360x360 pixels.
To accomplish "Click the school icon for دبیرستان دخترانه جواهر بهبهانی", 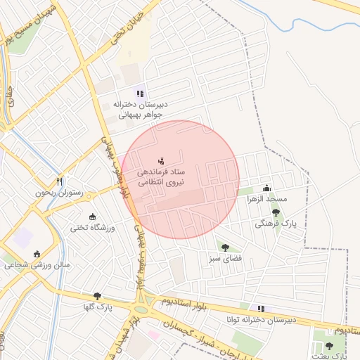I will (x=140, y=92).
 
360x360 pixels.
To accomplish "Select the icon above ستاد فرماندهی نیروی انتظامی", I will (x=161, y=161).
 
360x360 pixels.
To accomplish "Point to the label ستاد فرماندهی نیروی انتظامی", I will (x=160, y=176).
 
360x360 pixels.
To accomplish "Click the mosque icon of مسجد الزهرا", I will (x=266, y=188).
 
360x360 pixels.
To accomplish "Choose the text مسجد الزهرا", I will (x=266, y=199).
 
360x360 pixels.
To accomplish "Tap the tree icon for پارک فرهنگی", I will (x=276, y=212).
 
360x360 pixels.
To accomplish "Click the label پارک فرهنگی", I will (x=276, y=223).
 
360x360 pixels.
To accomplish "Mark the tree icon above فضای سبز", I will (x=225, y=247).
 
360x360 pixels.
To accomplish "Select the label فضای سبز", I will (x=225, y=258).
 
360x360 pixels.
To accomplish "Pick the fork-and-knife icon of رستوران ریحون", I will (x=60, y=181).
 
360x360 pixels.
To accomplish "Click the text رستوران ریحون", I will (x=60, y=193).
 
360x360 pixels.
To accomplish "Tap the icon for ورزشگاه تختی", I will (x=93, y=217).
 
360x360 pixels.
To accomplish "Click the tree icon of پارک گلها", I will (x=96, y=297).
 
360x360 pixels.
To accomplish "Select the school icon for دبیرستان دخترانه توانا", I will (x=261, y=308).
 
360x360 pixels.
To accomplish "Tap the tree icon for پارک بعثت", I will (x=329, y=346).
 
